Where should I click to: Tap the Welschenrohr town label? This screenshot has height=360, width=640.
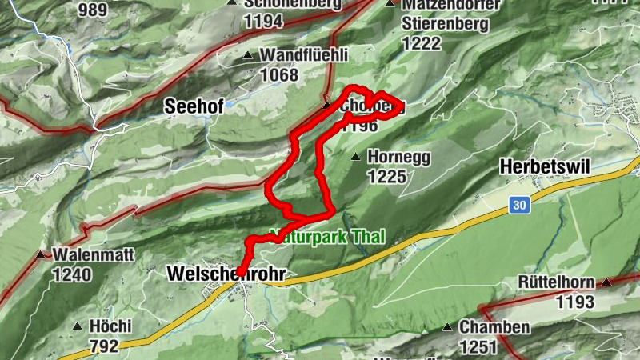[x=226, y=274]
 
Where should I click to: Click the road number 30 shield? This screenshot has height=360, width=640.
[x=520, y=206]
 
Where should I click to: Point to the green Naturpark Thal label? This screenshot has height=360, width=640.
[x=328, y=237]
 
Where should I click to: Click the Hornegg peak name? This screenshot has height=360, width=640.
[x=394, y=157]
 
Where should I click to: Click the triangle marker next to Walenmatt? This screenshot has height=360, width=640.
[x=41, y=255]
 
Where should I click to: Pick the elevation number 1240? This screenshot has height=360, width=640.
[x=73, y=275]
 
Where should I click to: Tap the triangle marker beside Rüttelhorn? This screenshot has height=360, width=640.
[x=607, y=282]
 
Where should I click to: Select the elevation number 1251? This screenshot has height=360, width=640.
[x=477, y=346]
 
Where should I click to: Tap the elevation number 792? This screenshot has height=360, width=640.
[x=104, y=346]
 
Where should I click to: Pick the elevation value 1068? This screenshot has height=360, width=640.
[x=278, y=75]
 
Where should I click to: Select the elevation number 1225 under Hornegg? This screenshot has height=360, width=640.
[x=387, y=176]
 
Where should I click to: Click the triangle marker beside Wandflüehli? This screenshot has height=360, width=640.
[x=248, y=56]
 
